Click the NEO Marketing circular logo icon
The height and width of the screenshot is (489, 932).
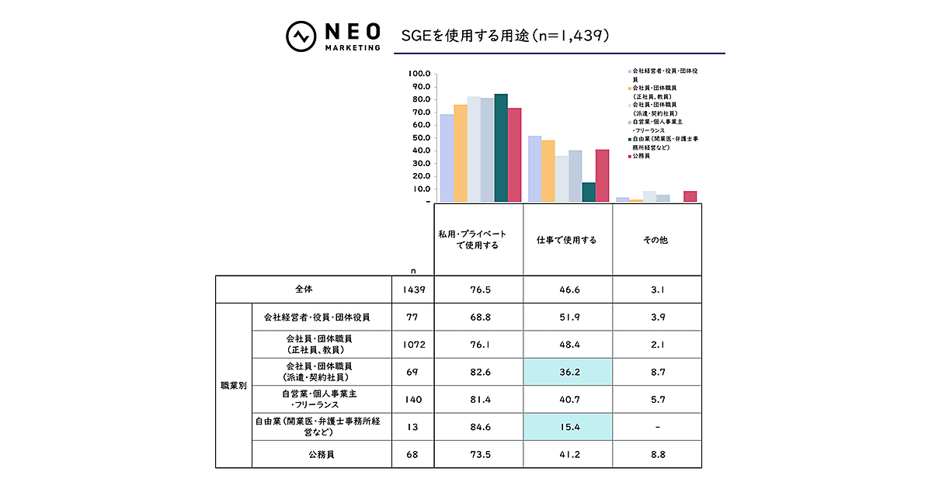coord(300,35)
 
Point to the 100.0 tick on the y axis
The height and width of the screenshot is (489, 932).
coord(419,74)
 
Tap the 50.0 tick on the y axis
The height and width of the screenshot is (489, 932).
coord(419,137)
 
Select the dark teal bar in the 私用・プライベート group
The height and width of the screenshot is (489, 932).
coord(501,147)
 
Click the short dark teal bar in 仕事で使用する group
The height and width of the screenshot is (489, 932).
coord(589,192)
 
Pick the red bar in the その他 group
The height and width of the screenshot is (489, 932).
coord(690,196)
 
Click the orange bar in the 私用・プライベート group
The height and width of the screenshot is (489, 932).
coord(461,153)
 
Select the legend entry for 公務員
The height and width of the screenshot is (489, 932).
coord(642,156)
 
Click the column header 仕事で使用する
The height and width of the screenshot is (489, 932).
coord(567,240)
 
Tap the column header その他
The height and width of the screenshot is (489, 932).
coord(656,240)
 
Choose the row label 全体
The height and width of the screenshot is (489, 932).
coord(304,289)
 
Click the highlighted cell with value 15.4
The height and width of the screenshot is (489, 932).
coord(567,426)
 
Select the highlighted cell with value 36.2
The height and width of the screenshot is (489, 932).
coord(567,372)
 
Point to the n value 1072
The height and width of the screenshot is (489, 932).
coord(413,344)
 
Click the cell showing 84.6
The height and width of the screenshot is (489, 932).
coord(478,426)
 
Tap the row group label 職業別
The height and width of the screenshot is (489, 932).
coord(233,385)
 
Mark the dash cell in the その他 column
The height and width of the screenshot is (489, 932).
coord(656,426)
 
